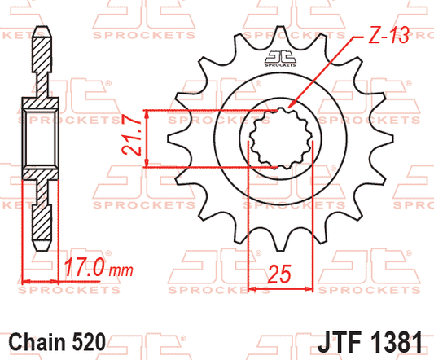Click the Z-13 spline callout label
[x=388, y=36]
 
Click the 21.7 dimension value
[x=131, y=134]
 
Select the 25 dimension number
[x=279, y=274]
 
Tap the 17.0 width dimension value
[x=85, y=268]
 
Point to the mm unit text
[x=121, y=270]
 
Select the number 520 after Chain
[x=89, y=342]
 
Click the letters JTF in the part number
[x=340, y=342]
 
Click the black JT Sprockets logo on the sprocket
[x=280, y=59]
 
